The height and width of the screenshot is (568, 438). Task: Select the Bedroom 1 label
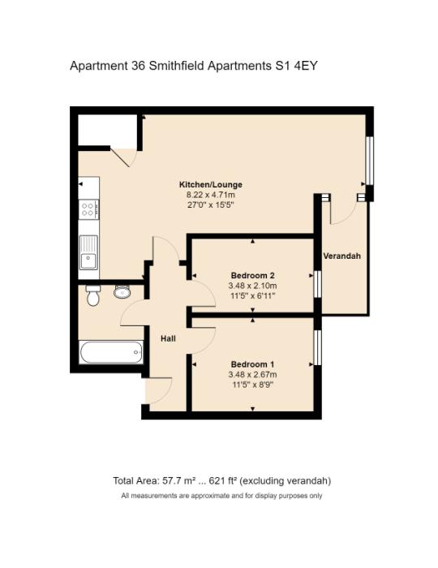[253, 364]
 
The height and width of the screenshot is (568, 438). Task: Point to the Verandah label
[341, 256]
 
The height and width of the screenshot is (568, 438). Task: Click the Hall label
[169, 338]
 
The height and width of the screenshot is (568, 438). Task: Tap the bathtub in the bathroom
[111, 353]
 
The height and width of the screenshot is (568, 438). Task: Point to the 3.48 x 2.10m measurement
[253, 286]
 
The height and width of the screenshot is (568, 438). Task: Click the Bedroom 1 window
[318, 347]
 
